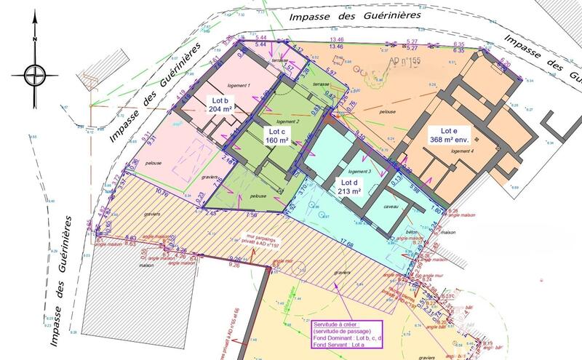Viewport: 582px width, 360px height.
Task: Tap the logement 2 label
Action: pos(289,121)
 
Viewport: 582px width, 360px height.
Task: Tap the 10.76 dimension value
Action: pos(162,194)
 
